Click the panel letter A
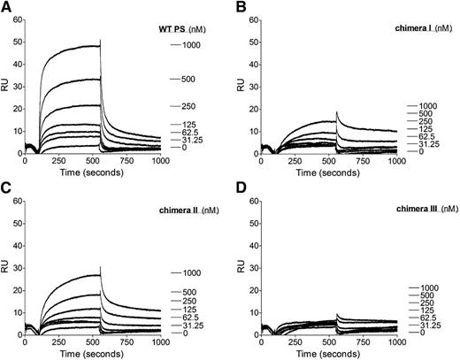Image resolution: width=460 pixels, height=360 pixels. pos(6,7)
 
